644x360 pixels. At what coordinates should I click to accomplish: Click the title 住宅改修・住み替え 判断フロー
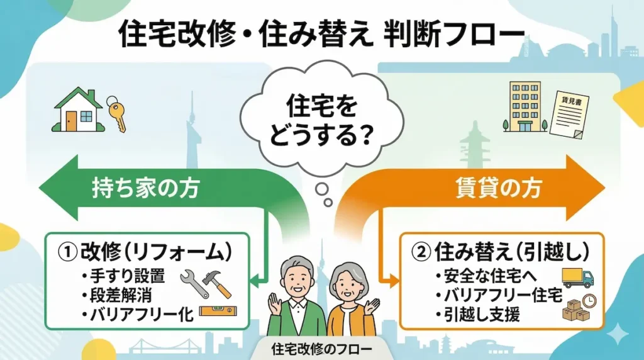pos(321,35)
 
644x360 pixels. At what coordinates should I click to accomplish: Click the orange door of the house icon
pos(71,120)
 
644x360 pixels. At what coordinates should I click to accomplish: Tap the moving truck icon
pos(577,278)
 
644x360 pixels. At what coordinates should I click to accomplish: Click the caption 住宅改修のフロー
pos(322,348)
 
